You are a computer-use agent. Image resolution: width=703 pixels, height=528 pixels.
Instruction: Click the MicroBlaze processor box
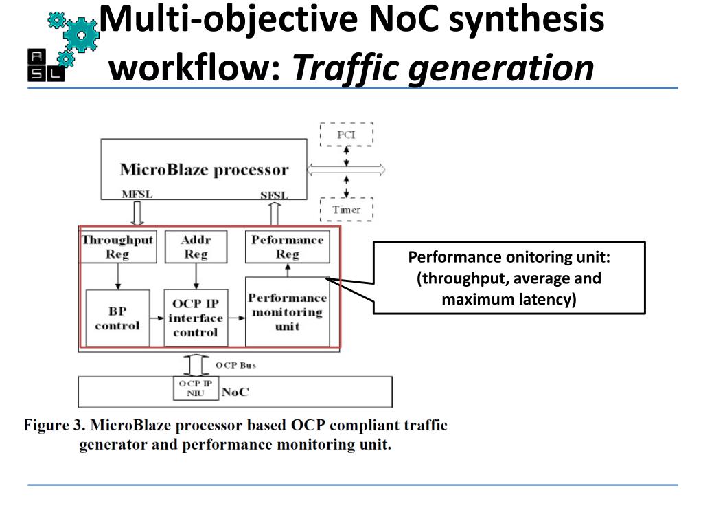click(x=204, y=169)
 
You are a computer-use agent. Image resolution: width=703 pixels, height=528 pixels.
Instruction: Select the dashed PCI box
click(x=347, y=135)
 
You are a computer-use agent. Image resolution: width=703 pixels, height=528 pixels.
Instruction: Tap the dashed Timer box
click(x=347, y=210)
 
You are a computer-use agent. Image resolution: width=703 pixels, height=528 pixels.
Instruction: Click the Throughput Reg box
click(x=117, y=247)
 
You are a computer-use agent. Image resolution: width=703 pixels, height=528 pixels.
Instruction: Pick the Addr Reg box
click(x=196, y=247)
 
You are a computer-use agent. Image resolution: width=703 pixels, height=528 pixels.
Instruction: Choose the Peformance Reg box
click(x=287, y=247)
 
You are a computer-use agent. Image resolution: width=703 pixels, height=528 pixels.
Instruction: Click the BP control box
click(x=117, y=318)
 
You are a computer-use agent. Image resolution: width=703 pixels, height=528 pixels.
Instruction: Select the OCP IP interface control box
click(x=196, y=318)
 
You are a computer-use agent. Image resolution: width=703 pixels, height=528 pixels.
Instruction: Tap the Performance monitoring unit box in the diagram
click(x=287, y=311)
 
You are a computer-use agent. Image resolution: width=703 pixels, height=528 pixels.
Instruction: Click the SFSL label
click(x=273, y=195)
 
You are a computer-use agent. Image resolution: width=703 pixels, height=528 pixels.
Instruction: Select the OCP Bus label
click(x=235, y=365)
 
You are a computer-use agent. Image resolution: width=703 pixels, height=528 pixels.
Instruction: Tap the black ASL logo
click(x=46, y=65)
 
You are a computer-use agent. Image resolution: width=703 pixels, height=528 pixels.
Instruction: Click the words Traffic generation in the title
click(x=443, y=68)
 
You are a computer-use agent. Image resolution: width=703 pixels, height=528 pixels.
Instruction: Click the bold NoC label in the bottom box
click(x=235, y=392)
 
